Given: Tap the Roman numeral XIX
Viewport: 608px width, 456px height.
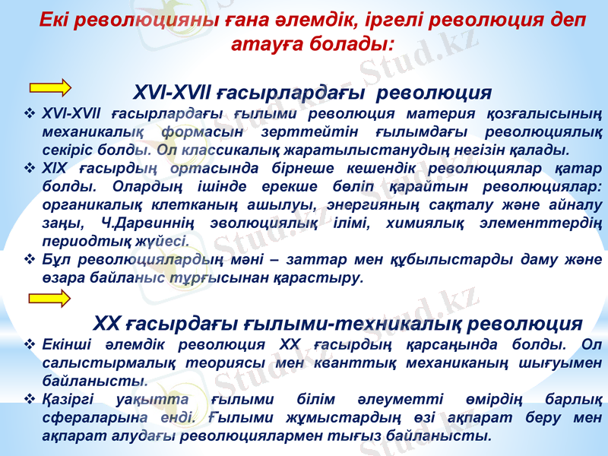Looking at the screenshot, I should point(57,167).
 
